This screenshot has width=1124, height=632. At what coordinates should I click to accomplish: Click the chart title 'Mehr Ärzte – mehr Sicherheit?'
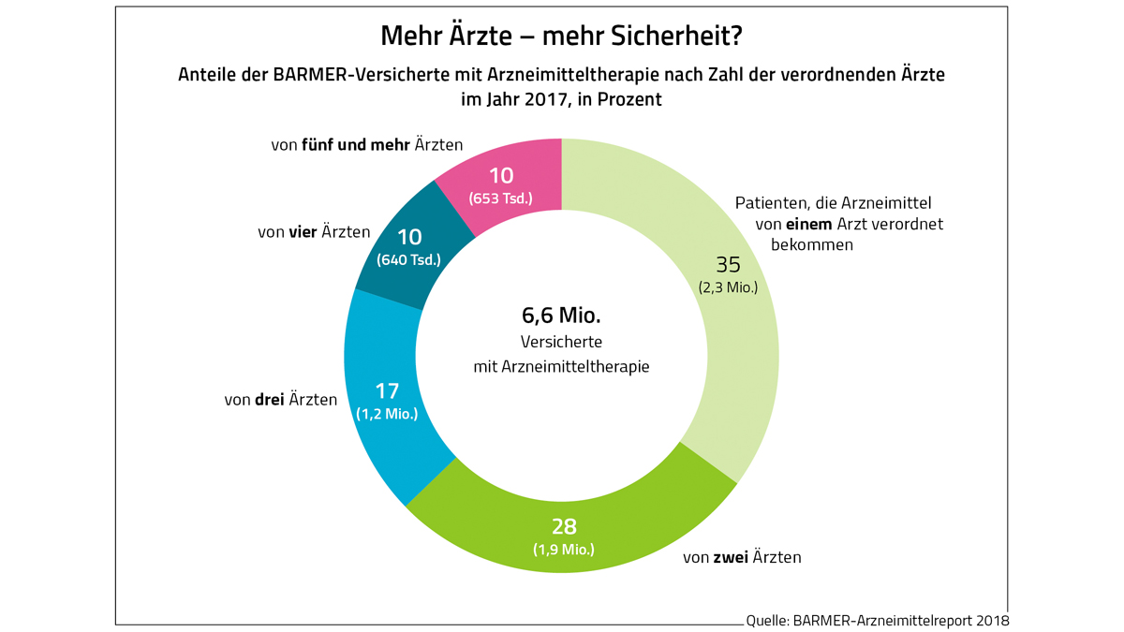(561, 37)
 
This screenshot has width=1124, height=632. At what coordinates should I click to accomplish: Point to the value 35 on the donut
(728, 265)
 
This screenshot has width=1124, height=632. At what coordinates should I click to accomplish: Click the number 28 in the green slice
(564, 526)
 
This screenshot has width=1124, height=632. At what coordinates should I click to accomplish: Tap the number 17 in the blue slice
(387, 391)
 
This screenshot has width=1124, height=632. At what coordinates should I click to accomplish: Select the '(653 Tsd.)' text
(501, 198)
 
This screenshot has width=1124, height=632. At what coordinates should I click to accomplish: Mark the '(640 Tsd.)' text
(408, 260)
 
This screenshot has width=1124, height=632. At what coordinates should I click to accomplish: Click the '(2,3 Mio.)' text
(728, 287)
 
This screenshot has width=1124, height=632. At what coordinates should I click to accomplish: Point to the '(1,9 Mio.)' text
(564, 550)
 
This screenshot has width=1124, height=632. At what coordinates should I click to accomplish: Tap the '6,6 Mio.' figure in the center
(561, 316)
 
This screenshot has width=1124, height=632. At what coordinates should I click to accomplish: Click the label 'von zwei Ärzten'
(742, 558)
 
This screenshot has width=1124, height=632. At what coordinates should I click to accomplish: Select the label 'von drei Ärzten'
(280, 400)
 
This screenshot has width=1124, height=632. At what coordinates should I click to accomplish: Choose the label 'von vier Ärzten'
(314, 231)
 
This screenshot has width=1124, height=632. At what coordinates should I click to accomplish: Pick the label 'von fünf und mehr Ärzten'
(366, 145)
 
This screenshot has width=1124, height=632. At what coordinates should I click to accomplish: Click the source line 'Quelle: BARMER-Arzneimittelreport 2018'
(878, 620)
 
